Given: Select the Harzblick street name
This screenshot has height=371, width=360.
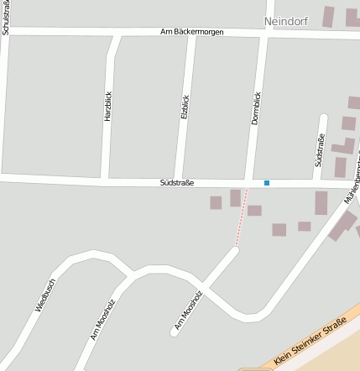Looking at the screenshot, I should point(107,107).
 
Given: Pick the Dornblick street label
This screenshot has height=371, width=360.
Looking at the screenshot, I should point(256,107).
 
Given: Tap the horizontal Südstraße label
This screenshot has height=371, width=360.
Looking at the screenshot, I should point(177,181).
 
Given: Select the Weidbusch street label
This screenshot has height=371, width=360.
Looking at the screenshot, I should point(44,295).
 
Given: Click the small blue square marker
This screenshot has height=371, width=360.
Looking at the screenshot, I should point(267,182).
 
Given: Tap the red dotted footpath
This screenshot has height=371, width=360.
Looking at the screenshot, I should point(242,217).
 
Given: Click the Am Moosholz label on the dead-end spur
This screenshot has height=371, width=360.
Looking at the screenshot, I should point(189,309).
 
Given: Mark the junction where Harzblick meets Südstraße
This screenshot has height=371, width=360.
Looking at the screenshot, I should point(105,179).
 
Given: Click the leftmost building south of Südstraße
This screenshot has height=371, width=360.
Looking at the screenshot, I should point(216,202).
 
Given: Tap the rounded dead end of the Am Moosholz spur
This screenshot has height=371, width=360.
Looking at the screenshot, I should point(175,332).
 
